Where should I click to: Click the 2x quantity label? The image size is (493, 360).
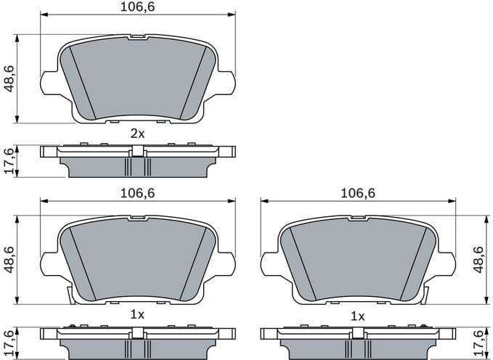click(x=137, y=134)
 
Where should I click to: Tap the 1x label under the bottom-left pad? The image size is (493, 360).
click(x=137, y=315)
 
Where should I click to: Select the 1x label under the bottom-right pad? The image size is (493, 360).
click(x=357, y=316)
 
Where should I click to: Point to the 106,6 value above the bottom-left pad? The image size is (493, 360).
click(x=137, y=192)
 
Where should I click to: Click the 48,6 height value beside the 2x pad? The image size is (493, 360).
click(x=8, y=78)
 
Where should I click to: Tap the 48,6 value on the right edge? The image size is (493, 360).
click(x=478, y=259)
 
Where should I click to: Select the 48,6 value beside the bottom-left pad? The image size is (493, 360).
click(x=8, y=259)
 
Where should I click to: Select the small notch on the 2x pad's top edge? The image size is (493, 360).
click(x=137, y=36)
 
